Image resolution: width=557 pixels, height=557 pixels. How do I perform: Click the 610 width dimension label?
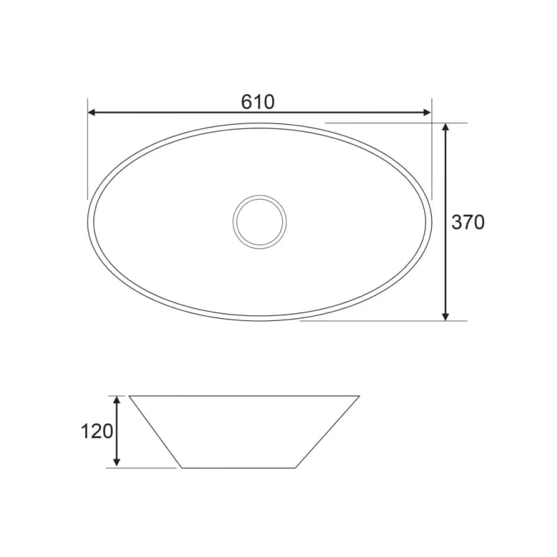coord(258,102)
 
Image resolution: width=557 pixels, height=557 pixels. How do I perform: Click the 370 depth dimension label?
coord(468,222)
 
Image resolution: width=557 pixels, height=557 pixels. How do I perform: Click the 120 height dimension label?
coord(97,432)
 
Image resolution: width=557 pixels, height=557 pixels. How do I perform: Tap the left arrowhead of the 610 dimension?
coord(92,113)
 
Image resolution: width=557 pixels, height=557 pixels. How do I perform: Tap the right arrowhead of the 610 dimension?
coord(427,113)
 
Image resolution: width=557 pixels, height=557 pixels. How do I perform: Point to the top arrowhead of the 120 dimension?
coord(116,400)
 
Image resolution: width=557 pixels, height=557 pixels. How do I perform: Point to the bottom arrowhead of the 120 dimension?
coord(116,463)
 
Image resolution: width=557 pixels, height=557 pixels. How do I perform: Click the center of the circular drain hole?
coord(260,222)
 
